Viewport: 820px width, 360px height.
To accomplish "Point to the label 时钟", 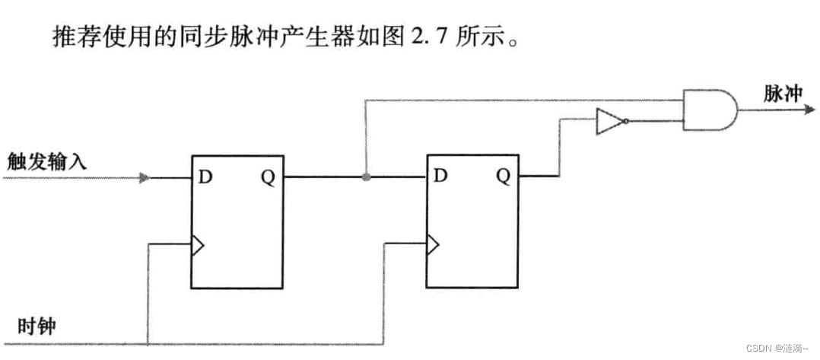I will coord(37,327).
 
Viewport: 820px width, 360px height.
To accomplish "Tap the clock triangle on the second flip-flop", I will coord(433,245).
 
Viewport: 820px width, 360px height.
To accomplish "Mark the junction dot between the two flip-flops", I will coord(366,177).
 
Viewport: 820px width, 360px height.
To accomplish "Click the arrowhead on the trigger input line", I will coord(144,178).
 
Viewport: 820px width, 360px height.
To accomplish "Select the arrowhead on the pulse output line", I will coord(809,110).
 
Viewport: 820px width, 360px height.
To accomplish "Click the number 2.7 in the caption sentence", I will coord(427,36).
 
